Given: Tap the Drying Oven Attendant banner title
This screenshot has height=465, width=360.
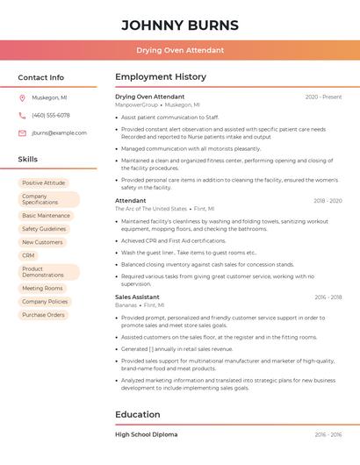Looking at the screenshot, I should point(179,50).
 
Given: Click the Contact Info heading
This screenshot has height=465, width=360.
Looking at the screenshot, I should point(40,77).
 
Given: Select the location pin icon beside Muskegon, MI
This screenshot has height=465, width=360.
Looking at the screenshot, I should point(22,97).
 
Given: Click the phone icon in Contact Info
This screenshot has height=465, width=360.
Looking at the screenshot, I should point(22,115).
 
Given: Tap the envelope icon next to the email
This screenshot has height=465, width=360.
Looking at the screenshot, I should point(22,132).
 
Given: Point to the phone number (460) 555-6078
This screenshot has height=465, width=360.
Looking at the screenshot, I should point(51,115).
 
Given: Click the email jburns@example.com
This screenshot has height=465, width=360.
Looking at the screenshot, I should point(59,132).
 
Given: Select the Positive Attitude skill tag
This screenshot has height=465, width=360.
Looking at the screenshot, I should point(43,182).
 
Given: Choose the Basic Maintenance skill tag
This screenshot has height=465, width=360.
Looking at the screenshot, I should point(46,215).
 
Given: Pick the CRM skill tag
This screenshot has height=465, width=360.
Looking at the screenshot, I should point(29,255).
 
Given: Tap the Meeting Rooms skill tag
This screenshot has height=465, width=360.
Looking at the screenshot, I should point(42,288).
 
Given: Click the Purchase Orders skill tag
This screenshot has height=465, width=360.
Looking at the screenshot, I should point(43,314).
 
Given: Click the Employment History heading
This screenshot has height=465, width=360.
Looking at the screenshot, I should point(161,77).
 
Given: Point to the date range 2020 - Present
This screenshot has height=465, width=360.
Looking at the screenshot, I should point(323,97).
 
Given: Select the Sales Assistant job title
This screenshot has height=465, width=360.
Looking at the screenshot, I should point(137,297).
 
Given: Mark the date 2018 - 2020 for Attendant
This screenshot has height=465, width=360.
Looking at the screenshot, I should point(328,201).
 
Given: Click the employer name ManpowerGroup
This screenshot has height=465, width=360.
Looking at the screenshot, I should point(136,104).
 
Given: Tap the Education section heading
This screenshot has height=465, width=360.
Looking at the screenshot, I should point(138,414).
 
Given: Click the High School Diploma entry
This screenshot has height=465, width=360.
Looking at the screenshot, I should point(146,434).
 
